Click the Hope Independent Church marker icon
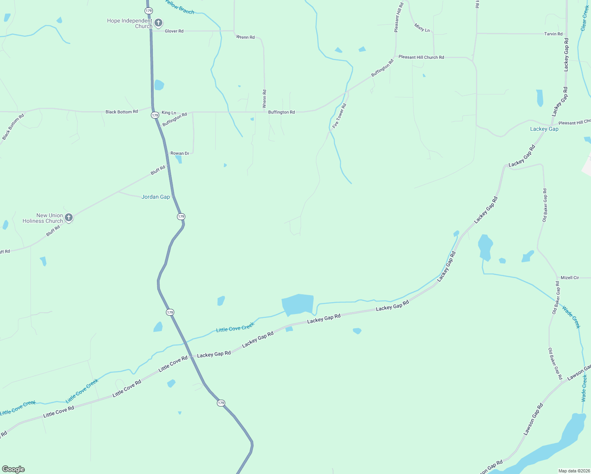click(158, 23)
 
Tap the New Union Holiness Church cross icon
click(69, 218)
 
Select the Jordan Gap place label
click(156, 197)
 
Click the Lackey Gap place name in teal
click(544, 129)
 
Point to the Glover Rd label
click(174, 31)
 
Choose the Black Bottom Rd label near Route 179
click(122, 112)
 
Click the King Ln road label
click(169, 113)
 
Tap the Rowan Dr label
click(180, 153)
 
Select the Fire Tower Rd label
click(339, 116)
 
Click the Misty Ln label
click(422, 28)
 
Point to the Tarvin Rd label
click(553, 34)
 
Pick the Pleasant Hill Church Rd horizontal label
click(421, 57)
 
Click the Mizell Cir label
click(570, 278)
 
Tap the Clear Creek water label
click(585, 18)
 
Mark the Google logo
click(13, 469)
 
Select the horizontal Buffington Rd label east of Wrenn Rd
click(281, 112)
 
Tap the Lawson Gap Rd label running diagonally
click(533, 419)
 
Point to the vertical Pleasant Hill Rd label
click(399, 17)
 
